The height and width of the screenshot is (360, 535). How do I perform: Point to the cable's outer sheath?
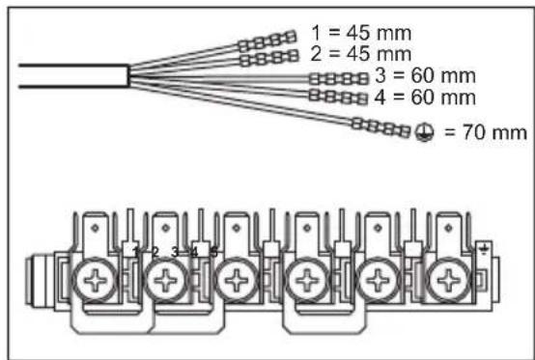(x=68, y=75)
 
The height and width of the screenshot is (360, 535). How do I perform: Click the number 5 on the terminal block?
(x=213, y=253)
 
